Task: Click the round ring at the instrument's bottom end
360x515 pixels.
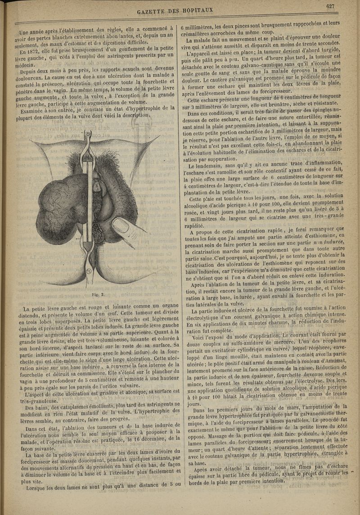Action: click(88, 271)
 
